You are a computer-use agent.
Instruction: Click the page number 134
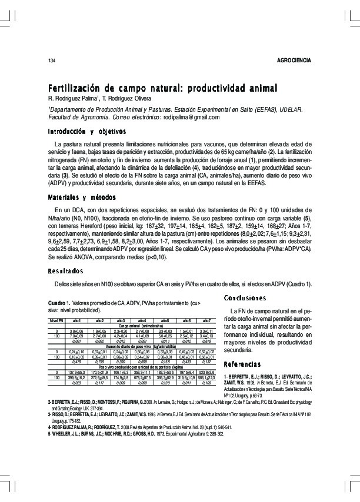[x=52, y=61]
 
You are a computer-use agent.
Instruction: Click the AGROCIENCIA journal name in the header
[x=294, y=61]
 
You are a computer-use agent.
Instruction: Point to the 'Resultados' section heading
[x=65, y=270]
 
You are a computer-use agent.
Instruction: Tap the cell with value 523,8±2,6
[x=206, y=373]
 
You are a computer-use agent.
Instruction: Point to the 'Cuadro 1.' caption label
[x=58, y=302]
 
